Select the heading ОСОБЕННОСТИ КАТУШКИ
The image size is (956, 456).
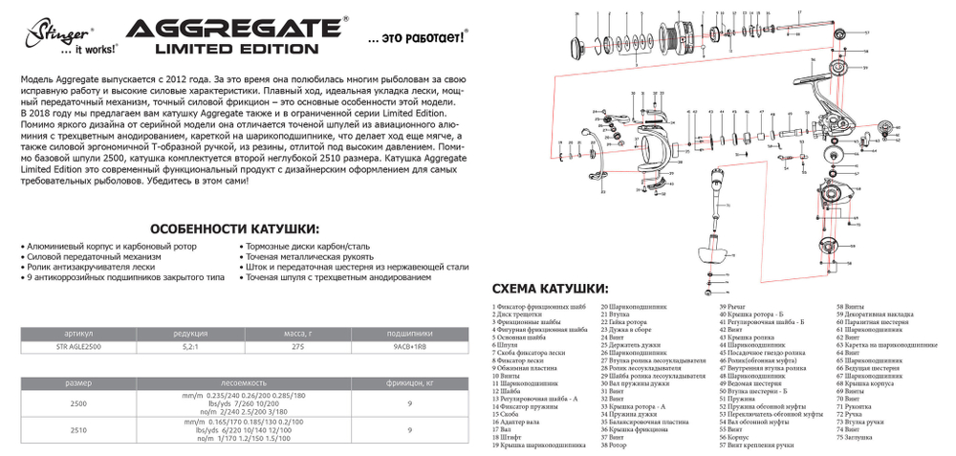click(235, 229)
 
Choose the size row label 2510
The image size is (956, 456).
click(78, 431)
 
